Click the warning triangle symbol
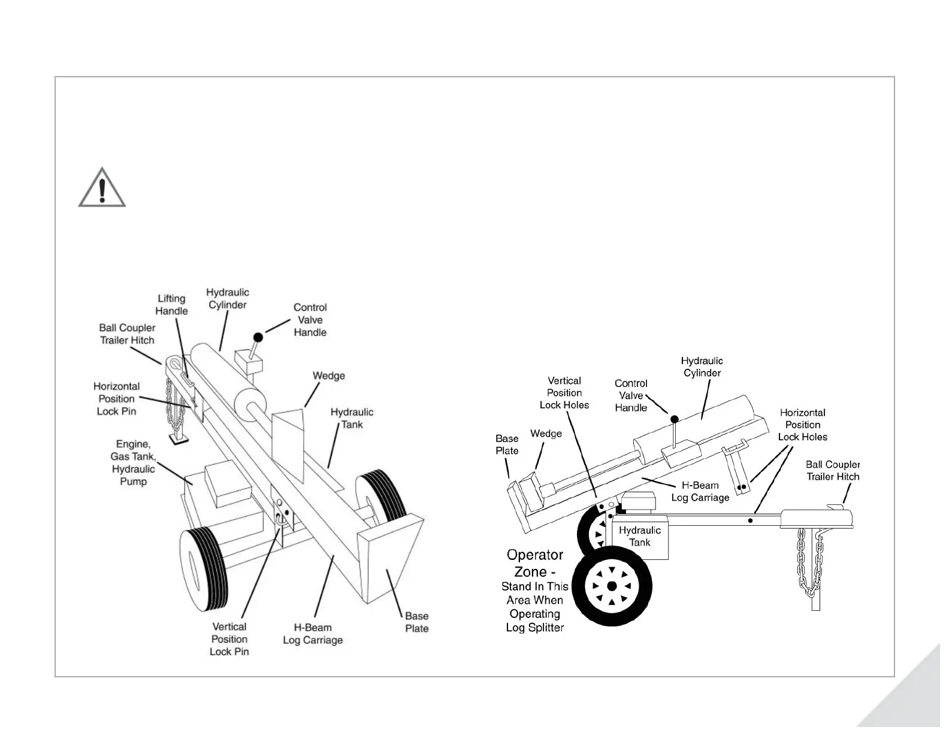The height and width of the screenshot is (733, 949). (x=102, y=188)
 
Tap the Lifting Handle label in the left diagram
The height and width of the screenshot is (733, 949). (x=171, y=305)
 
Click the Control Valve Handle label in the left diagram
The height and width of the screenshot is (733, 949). (x=310, y=320)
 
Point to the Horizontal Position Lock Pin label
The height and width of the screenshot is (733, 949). (x=117, y=399)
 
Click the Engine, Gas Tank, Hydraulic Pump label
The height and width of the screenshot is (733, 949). (x=133, y=462)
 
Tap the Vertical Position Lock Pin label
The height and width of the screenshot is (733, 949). (x=229, y=639)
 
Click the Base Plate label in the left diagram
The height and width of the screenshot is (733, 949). (x=416, y=622)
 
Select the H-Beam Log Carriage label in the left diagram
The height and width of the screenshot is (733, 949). (x=313, y=634)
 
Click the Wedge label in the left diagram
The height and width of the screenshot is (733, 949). (x=328, y=376)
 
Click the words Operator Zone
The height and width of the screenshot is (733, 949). (x=534, y=564)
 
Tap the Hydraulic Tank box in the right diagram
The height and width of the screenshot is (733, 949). (x=639, y=537)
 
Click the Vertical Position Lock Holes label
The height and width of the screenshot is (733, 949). (x=564, y=393)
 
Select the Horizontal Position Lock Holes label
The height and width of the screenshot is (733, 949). (x=802, y=425)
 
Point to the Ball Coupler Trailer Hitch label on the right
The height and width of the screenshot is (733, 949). (x=832, y=471)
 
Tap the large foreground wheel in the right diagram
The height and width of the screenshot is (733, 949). (x=612, y=585)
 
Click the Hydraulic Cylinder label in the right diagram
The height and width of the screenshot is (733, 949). (x=702, y=367)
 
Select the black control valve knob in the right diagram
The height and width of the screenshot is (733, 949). (x=674, y=419)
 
